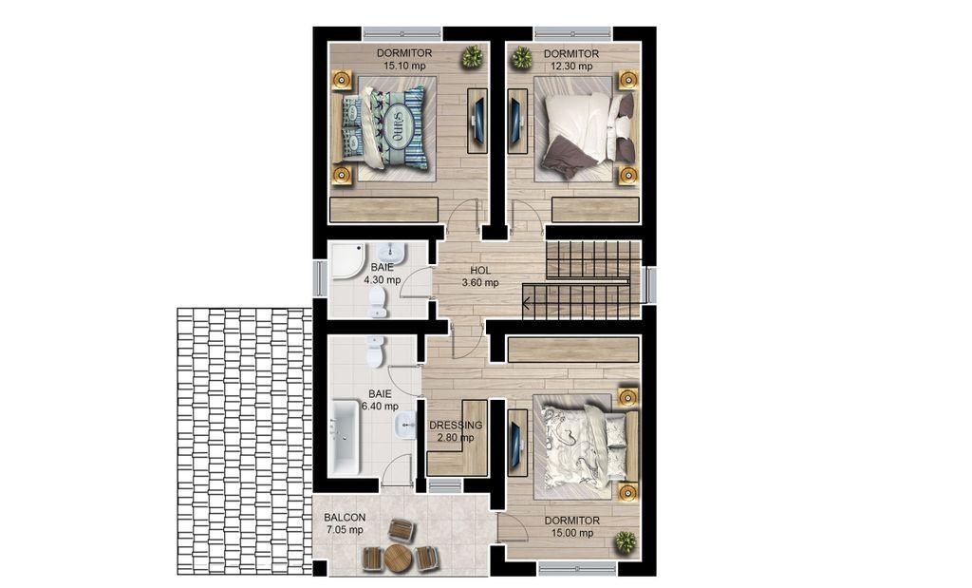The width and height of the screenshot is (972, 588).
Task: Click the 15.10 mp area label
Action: click(404, 66)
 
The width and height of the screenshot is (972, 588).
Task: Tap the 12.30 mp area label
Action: click(570, 66)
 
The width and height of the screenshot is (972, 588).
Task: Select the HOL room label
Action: click(479, 271)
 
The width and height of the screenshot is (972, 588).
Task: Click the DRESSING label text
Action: click(456, 425)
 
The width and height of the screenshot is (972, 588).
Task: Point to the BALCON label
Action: click(345, 518)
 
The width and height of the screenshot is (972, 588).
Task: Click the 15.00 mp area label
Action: click(572, 533)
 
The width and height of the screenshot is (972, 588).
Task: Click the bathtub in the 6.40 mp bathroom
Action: click(344, 437)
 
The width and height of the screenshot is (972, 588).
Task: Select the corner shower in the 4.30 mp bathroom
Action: click(348, 260)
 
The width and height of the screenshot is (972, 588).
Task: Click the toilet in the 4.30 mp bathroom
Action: click(378, 303)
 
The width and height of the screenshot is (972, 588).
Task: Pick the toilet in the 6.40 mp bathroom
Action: click(375, 351)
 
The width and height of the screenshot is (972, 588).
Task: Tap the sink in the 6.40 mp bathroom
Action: click(405, 427)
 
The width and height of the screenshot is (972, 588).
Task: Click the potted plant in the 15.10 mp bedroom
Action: click(473, 57)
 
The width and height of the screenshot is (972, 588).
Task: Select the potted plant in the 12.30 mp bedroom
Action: click(521, 58)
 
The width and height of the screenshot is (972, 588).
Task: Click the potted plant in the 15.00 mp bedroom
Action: click(626, 542)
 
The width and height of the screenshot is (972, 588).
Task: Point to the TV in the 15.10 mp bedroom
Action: click(478, 121)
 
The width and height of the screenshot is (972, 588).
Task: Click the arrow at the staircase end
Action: click(526, 304)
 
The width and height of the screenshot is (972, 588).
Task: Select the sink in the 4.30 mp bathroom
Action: click(390, 252)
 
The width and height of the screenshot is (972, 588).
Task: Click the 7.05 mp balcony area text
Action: click(345, 530)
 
